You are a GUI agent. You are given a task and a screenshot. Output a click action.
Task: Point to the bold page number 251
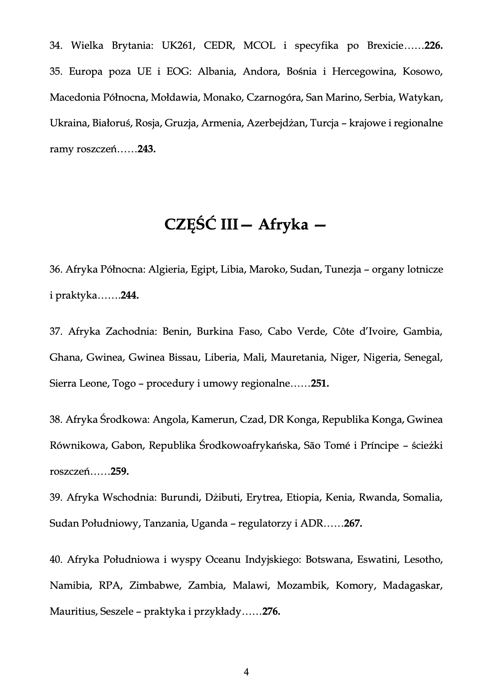pos(320,383)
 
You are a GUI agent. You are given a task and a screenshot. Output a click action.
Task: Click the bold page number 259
pos(120,471)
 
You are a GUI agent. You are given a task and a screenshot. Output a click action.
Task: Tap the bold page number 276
pos(271,612)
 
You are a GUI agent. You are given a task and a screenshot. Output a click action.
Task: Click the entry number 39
pos(55,498)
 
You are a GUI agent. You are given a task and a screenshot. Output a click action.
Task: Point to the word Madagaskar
pos(413,585)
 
